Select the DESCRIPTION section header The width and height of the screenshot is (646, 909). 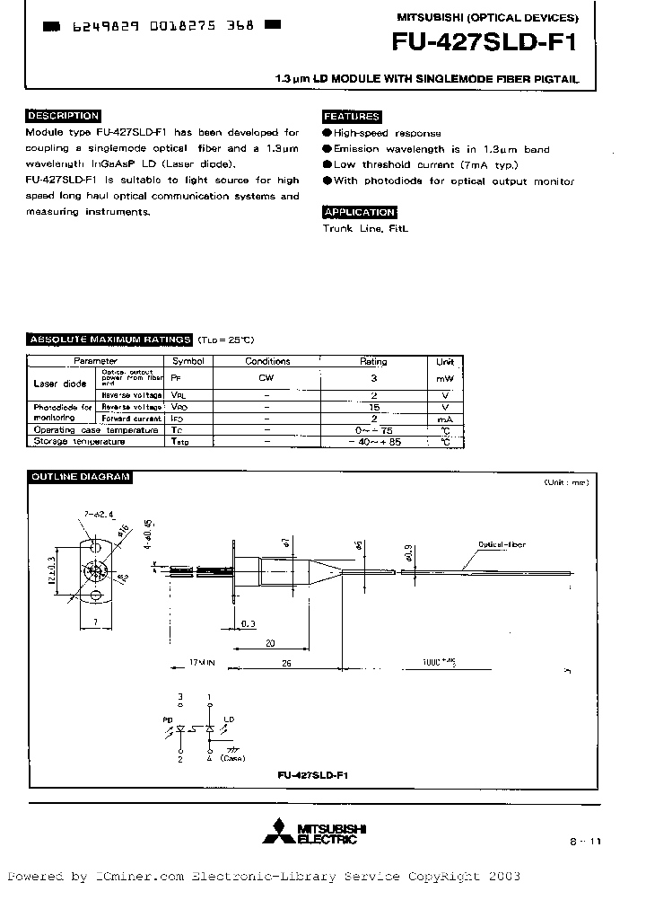(63, 116)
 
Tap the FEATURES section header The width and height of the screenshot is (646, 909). (352, 117)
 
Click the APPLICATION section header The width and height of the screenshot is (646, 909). (359, 213)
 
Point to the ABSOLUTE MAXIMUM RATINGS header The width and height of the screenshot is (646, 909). (110, 340)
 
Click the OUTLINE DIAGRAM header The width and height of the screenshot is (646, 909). (80, 477)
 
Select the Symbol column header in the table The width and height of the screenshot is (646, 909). (188, 361)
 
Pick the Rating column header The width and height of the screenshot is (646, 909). (373, 361)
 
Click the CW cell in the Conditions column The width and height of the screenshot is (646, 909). (267, 379)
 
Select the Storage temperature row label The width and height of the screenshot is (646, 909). (79, 442)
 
